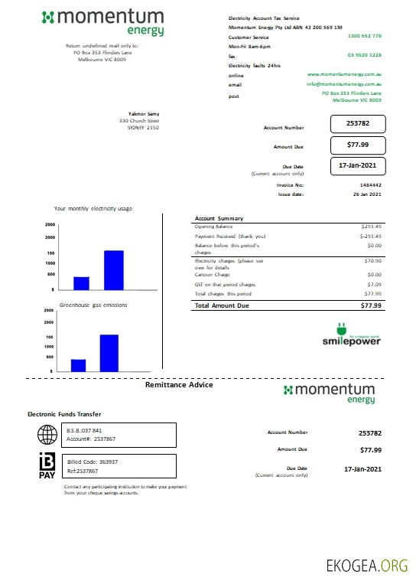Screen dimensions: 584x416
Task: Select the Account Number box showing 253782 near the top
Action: click(x=358, y=124)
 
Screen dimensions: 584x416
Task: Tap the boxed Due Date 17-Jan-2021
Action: click(x=358, y=165)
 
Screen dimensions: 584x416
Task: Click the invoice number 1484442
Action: click(x=370, y=185)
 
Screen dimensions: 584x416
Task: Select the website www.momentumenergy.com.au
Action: click(x=344, y=74)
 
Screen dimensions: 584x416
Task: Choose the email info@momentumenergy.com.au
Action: click(x=344, y=83)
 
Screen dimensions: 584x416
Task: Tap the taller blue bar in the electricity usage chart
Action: click(x=114, y=270)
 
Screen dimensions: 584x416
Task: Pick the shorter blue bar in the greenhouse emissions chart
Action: click(x=78, y=364)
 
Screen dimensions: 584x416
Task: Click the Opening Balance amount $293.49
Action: click(x=371, y=227)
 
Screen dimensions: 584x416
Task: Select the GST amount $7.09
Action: click(x=374, y=284)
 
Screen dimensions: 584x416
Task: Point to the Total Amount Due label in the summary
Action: click(x=223, y=305)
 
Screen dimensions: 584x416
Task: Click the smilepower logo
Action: click(x=351, y=338)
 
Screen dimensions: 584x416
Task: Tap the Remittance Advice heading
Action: click(x=179, y=385)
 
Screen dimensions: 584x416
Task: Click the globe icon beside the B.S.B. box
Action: click(x=47, y=435)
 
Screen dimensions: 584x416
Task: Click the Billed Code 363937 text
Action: click(x=92, y=462)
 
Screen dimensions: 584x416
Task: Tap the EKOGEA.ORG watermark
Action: click(x=367, y=566)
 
